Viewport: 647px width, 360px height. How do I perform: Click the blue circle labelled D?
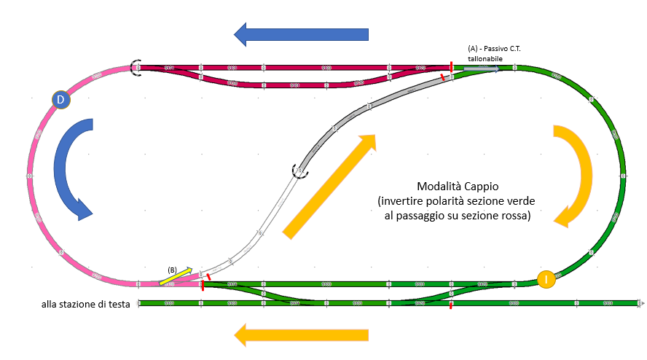[x=60, y=100]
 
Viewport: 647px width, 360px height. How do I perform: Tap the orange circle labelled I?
[x=546, y=279]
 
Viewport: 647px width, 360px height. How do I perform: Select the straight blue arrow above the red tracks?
[x=301, y=34]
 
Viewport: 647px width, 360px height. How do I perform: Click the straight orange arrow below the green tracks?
[x=301, y=335]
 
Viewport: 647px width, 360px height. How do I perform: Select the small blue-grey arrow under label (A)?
[x=481, y=69]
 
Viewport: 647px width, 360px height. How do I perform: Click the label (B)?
[x=173, y=269]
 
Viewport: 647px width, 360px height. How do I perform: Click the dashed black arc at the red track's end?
[x=136, y=68]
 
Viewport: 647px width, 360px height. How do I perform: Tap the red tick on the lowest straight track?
[x=451, y=304]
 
